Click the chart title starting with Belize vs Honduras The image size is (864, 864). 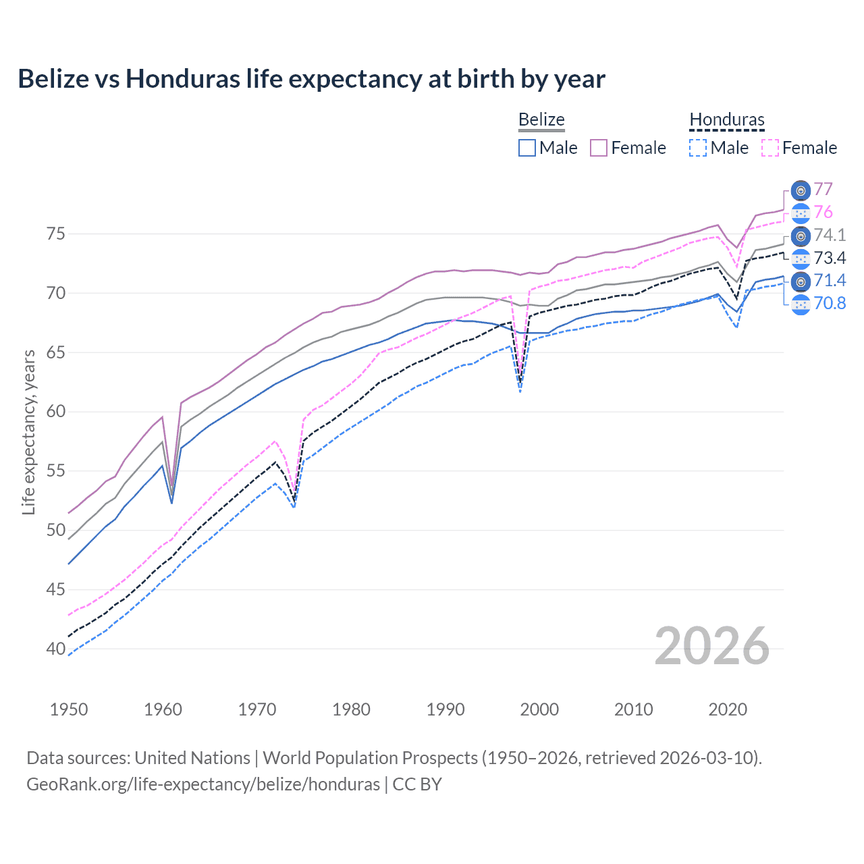[311, 79]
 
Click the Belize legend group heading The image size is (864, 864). [541, 119]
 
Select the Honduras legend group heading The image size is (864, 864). [727, 119]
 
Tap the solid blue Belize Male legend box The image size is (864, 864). [527, 148]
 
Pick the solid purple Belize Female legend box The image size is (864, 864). [599, 148]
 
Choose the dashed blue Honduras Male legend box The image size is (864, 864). [699, 148]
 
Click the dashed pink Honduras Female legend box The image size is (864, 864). [770, 148]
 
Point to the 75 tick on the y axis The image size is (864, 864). [55, 234]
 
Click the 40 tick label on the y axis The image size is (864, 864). [55, 649]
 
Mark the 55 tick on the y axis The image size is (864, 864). [55, 471]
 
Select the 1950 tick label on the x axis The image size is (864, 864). [69, 709]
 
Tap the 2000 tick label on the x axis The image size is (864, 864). [539, 709]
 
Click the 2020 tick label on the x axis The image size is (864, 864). [728, 709]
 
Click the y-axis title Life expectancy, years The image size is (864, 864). [28, 432]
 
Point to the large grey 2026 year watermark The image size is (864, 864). [712, 646]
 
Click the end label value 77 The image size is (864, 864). [823, 190]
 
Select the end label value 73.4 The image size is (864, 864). [830, 258]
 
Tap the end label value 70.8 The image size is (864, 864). [830, 303]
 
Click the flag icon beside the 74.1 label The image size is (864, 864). [801, 236]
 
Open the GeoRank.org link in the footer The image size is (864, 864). [202, 784]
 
